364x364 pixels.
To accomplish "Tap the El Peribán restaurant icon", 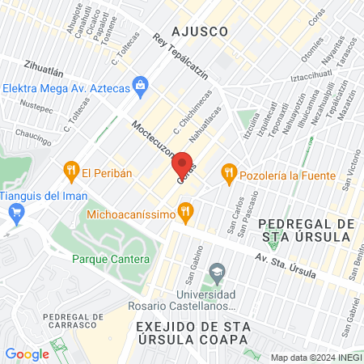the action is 70,171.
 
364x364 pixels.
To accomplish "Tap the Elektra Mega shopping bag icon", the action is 141,83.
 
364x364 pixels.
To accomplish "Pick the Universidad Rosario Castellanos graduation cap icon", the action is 216,272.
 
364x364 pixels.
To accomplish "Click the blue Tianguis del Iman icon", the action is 15,212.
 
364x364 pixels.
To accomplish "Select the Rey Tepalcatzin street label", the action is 180,58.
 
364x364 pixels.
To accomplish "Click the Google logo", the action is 27,353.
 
